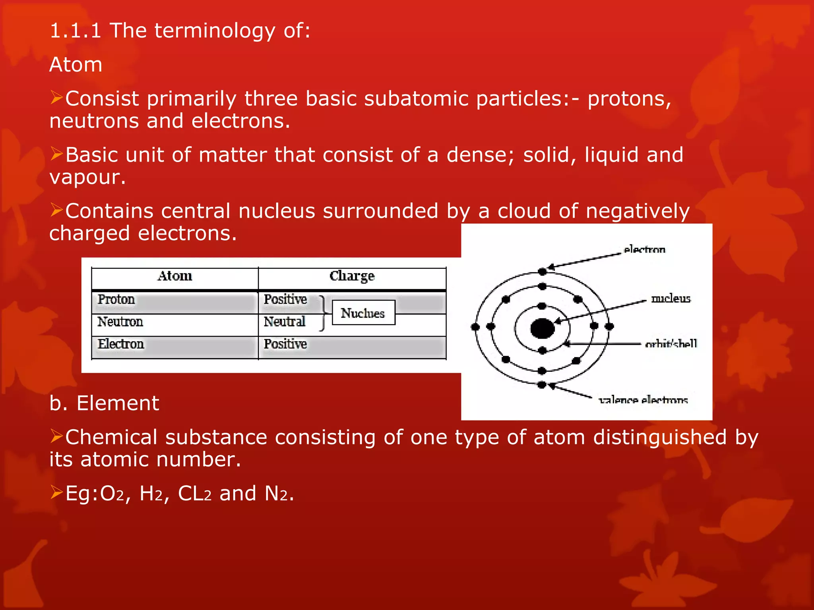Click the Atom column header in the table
click(x=175, y=276)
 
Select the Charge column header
click(x=352, y=276)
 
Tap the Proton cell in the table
click(x=116, y=299)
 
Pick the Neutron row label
click(x=120, y=322)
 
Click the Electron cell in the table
click(x=121, y=344)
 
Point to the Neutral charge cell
click(x=285, y=322)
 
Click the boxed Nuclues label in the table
click(x=363, y=313)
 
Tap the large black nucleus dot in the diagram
click(x=542, y=328)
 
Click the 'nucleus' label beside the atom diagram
click(x=671, y=299)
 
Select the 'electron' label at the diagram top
click(x=644, y=250)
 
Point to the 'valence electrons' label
click(x=643, y=400)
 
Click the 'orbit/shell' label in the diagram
click(x=671, y=344)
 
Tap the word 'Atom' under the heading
click(x=76, y=65)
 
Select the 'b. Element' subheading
click(x=104, y=403)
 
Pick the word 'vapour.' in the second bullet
click(x=87, y=177)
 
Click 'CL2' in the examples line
click(x=194, y=494)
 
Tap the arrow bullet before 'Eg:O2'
click(x=56, y=493)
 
